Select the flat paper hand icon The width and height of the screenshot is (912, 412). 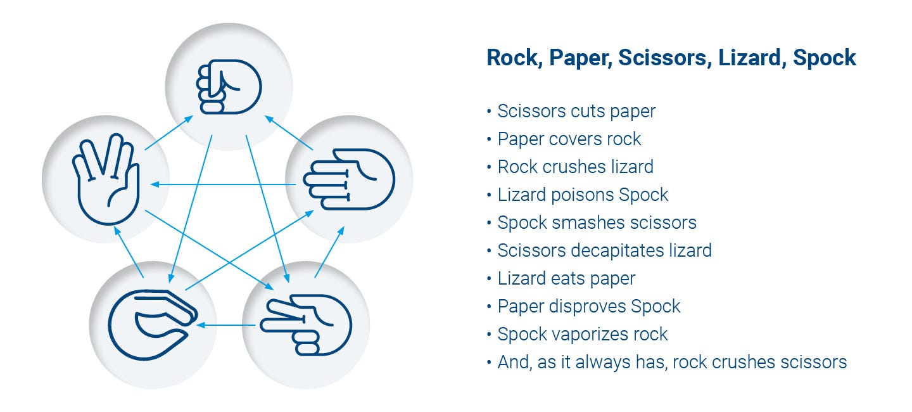349,179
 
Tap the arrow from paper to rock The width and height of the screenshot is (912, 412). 289,133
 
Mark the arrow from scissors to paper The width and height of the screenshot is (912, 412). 329,252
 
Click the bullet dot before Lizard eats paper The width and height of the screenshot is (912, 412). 489,278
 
